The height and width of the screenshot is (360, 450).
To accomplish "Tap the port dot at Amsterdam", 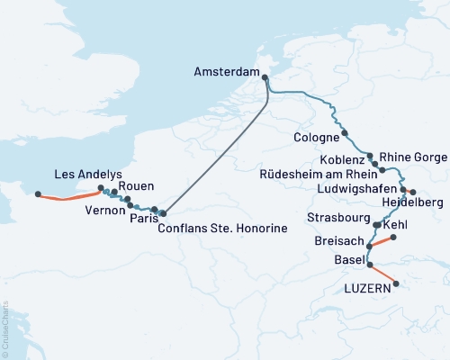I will point(265,77).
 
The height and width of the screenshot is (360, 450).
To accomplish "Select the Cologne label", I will point(316,137).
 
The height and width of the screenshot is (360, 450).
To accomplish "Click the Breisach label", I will point(340,243).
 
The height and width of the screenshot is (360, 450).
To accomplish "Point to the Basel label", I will point(347,261).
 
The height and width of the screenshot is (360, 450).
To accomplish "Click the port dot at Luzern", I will point(395,285).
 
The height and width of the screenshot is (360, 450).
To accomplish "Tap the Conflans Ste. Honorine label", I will point(222,229).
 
